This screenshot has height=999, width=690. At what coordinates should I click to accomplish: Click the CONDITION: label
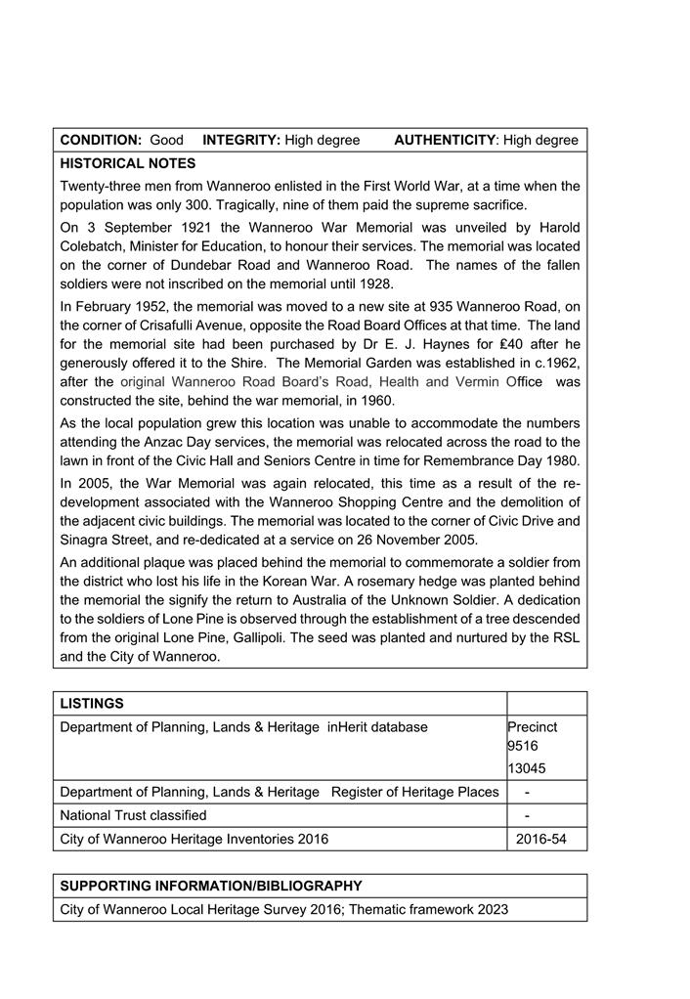(102, 141)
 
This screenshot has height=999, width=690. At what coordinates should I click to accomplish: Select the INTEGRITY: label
(241, 141)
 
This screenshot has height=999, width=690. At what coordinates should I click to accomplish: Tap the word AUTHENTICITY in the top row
(445, 141)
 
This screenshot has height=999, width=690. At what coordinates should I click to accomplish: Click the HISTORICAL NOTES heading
(127, 163)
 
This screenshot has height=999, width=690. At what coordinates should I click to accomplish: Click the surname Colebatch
(95, 246)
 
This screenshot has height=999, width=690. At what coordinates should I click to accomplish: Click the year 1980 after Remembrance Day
(561, 460)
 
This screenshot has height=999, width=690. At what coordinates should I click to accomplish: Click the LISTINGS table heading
(92, 703)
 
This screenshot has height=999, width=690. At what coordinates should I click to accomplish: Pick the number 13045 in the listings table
(526, 767)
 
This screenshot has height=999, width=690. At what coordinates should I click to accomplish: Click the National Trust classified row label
(133, 815)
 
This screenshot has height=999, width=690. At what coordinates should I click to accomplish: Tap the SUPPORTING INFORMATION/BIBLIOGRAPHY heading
(211, 886)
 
